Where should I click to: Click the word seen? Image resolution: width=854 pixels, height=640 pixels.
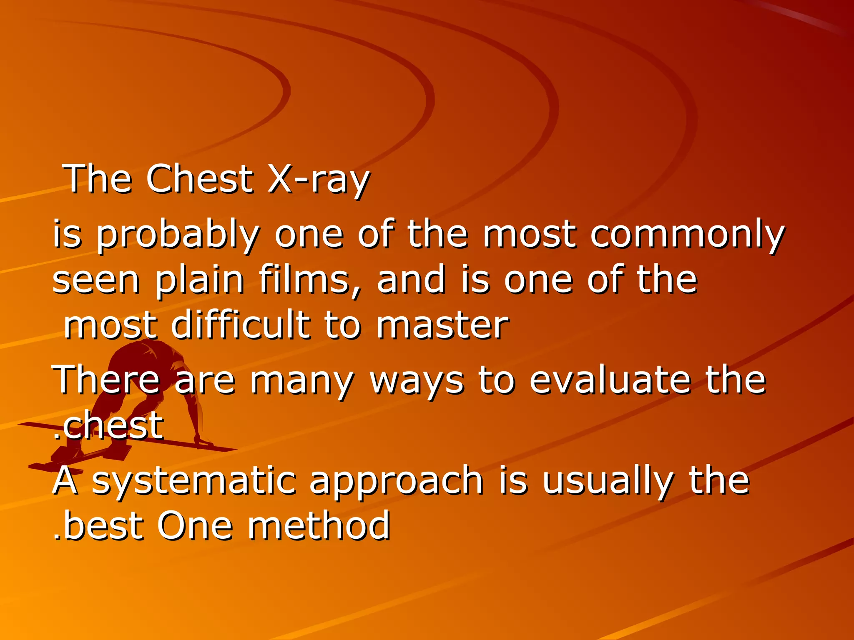(95, 280)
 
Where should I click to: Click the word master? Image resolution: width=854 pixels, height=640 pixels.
(442, 325)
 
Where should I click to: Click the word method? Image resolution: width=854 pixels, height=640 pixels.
(319, 525)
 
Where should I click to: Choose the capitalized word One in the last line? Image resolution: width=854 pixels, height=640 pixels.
(195, 525)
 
